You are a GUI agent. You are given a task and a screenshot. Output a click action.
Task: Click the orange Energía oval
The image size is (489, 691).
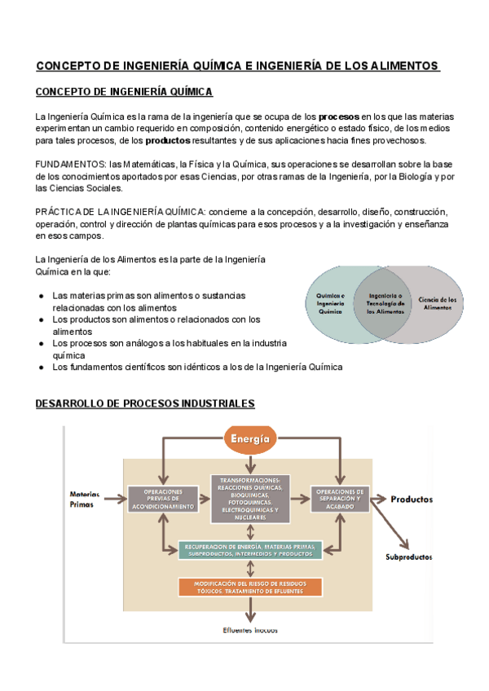click(x=250, y=439)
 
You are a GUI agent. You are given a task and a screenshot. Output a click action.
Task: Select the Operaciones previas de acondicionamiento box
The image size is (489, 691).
click(x=163, y=500)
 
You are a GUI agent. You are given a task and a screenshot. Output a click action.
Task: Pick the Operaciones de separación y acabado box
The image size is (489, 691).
click(x=341, y=499)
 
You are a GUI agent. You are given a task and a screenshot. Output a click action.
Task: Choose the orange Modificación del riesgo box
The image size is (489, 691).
click(x=250, y=587)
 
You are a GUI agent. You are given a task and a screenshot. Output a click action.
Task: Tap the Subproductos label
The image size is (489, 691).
click(x=409, y=557)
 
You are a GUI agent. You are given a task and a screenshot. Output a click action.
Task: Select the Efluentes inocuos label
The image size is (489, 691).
click(x=251, y=629)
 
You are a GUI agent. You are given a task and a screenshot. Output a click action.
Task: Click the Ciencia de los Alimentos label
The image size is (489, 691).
click(x=438, y=304)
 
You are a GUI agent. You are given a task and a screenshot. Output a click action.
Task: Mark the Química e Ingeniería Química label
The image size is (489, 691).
click(x=331, y=303)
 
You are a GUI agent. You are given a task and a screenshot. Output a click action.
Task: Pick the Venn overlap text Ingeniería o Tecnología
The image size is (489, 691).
click(x=385, y=303)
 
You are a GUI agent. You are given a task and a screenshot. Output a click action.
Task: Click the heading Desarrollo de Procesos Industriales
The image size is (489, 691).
click(x=145, y=403)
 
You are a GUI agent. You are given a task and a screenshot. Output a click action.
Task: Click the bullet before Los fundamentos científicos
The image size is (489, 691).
click(x=41, y=367)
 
